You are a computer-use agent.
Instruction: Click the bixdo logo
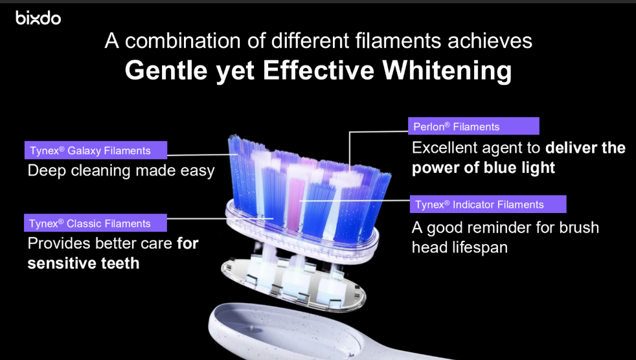click(38, 18)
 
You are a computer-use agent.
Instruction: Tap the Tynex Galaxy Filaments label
click(96, 150)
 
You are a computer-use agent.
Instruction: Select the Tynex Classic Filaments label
click(95, 223)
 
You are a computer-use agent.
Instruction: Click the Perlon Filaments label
click(473, 126)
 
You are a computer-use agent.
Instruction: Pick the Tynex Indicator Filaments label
click(488, 205)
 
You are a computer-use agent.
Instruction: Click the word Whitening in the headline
click(447, 71)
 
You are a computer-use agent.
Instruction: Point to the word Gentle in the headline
click(166, 71)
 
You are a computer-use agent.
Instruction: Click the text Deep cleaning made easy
click(121, 171)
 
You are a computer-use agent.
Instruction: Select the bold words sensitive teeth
click(84, 264)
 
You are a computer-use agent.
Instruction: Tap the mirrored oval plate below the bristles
click(293, 284)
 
